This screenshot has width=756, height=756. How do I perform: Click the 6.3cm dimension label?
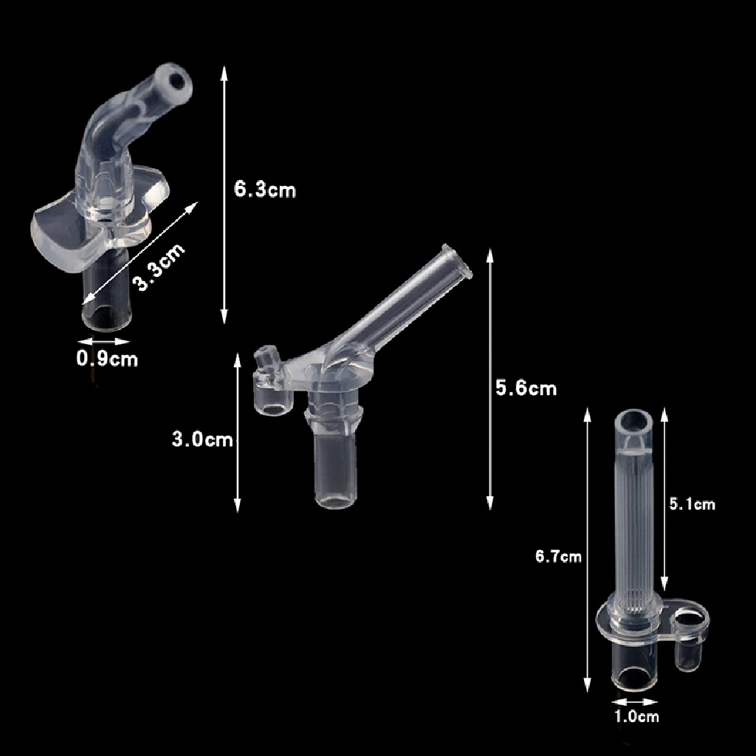265,190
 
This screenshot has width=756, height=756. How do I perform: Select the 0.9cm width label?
107,360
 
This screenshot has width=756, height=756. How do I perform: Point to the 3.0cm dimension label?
202,440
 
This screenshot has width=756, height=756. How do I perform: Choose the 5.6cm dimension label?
526,388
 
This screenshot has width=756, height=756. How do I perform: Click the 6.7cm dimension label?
558,557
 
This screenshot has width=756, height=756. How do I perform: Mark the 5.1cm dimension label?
692,504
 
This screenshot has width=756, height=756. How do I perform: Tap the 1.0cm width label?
636,715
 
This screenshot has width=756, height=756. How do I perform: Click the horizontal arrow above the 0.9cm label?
104,341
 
